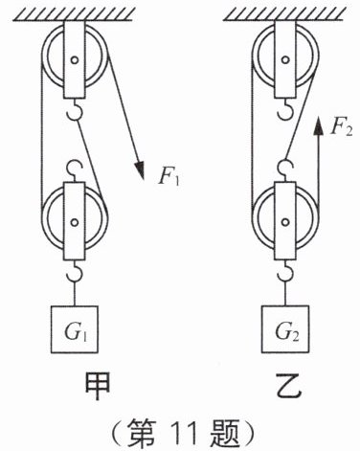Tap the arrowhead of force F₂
(x=317, y=125)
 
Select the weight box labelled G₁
(x=75, y=329)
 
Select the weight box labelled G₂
(x=285, y=329)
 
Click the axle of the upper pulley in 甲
(x=75, y=59)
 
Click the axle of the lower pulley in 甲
(x=75, y=222)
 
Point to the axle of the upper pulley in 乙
(x=285, y=59)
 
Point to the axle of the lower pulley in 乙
(x=285, y=221)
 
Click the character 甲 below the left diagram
(x=98, y=386)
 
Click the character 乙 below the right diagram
(x=288, y=386)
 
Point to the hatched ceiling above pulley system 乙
(x=284, y=14)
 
